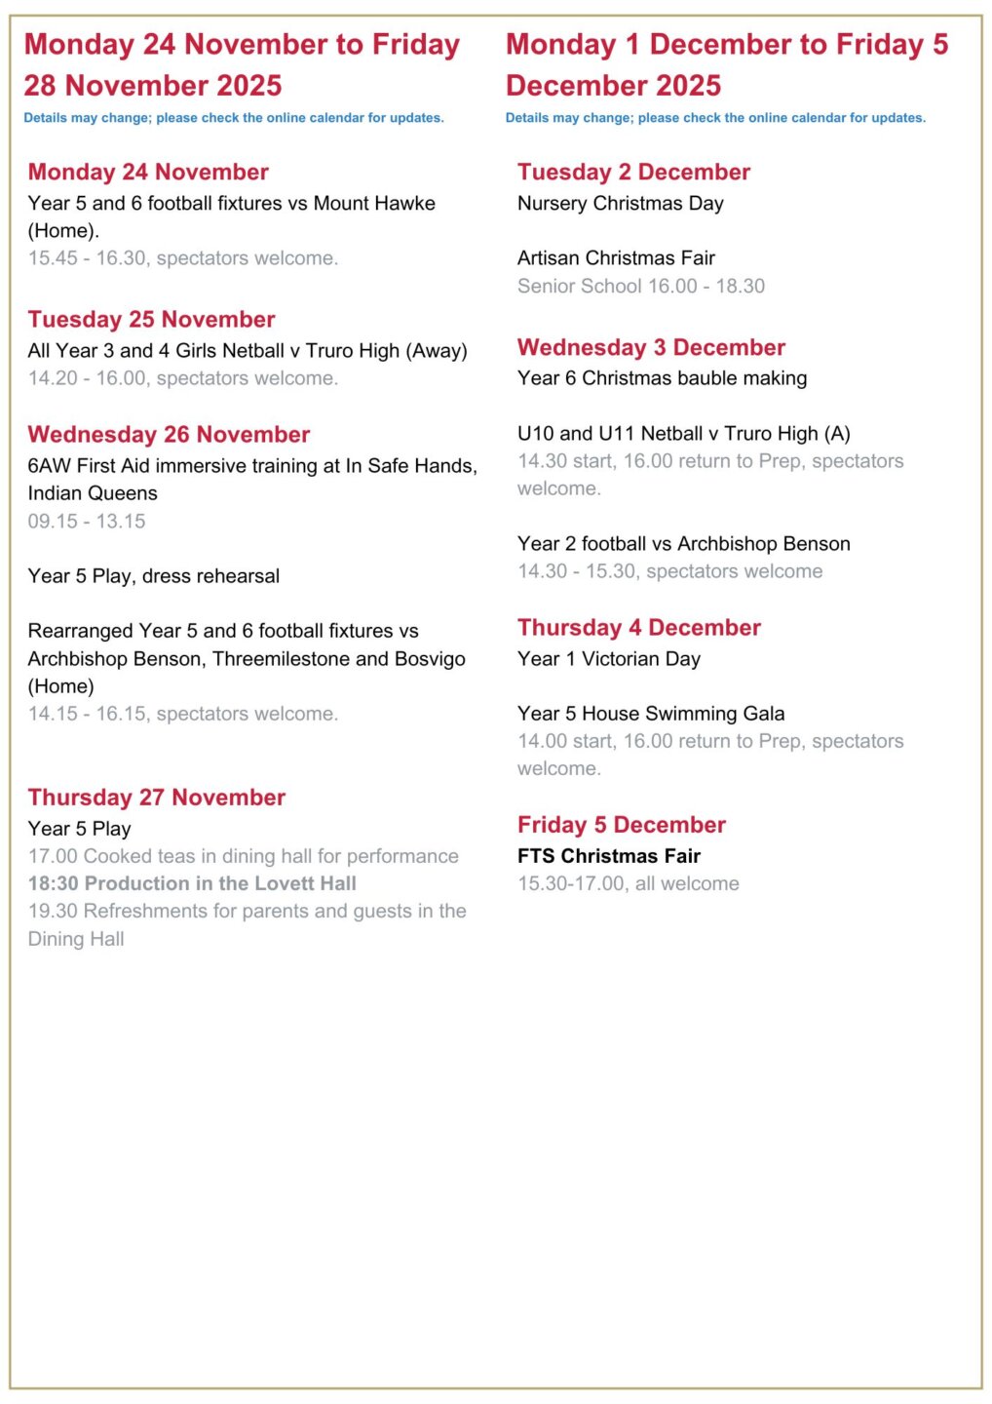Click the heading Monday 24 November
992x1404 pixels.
148,173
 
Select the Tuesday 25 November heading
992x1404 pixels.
151,320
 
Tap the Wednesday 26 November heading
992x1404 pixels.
169,435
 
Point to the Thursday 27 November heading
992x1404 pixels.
156,798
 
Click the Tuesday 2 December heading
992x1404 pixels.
633,173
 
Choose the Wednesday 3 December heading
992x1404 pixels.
651,348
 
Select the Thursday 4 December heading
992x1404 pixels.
639,628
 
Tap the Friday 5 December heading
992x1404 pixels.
622,826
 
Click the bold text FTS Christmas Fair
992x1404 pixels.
609,856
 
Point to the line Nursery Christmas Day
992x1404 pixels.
620,204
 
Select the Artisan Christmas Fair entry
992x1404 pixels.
616,258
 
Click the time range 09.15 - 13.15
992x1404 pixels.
87,522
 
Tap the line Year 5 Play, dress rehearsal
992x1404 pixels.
153,576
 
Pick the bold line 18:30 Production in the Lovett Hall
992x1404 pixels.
192,884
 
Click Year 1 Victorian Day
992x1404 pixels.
609,659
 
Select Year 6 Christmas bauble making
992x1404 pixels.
662,378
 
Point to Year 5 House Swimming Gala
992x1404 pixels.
651,714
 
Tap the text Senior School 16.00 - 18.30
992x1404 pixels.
640,287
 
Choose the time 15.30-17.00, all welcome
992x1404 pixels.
628,884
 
